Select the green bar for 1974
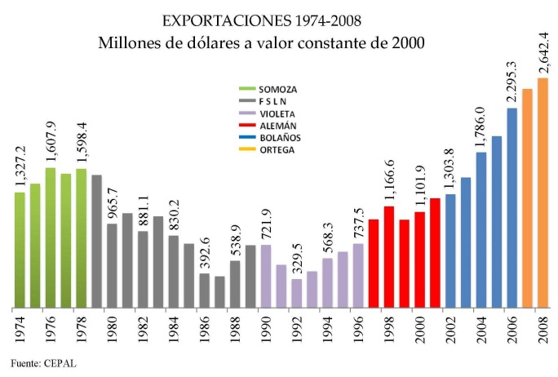(20, 250)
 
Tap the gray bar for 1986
(205, 290)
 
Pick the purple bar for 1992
(297, 293)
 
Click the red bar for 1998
(389, 256)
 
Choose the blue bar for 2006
(512, 207)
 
